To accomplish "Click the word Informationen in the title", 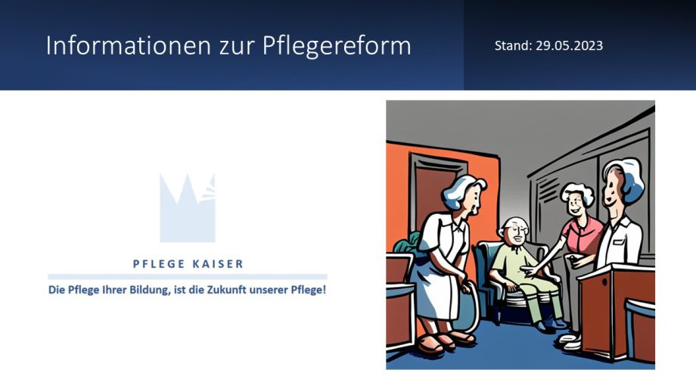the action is [x=129, y=45].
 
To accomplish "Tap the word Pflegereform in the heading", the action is [x=337, y=46].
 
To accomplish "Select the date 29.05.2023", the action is [x=569, y=45].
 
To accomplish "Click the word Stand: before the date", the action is [x=513, y=45].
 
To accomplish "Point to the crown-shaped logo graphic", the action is [x=188, y=209].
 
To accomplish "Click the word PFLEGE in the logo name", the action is [x=158, y=264].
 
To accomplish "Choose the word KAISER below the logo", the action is [x=218, y=264].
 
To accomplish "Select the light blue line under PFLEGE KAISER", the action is [x=188, y=276].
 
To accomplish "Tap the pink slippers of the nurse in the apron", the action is [x=445, y=342].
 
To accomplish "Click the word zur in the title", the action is [x=237, y=47].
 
